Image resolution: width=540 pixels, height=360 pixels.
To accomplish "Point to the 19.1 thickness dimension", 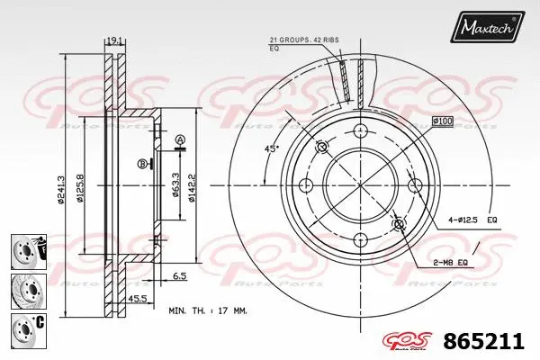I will pos(114,40).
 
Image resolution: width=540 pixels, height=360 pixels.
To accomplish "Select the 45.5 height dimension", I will pos(138,297).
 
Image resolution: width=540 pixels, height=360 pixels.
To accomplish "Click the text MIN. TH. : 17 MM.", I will pos(208,310).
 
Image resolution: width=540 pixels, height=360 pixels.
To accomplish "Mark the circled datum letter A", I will pos(179,139).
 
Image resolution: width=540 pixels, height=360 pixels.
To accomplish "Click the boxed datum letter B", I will pos(141,163).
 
